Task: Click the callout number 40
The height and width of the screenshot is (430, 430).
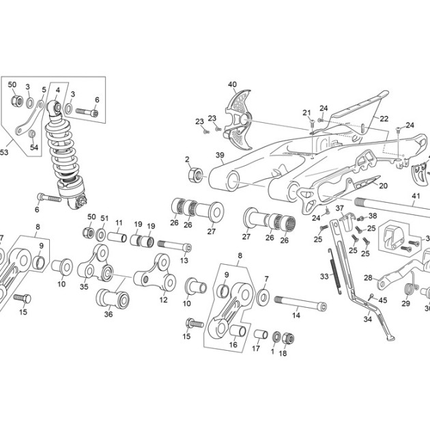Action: pyautogui.click(x=232, y=84)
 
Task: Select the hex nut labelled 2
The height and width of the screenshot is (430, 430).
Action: pyautogui.click(x=196, y=175)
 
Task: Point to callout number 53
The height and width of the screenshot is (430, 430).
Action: pyautogui.click(x=4, y=152)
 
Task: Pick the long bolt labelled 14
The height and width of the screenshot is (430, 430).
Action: pyautogui.click(x=300, y=303)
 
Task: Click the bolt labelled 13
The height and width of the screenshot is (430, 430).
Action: pyautogui.click(x=175, y=246)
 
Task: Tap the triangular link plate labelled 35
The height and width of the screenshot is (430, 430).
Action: pyautogui.click(x=94, y=263)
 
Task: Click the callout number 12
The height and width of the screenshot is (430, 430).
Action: pyautogui.click(x=163, y=300)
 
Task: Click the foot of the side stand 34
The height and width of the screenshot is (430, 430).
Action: pyautogui.click(x=390, y=338)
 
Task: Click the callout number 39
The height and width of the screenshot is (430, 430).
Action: pyautogui.click(x=220, y=155)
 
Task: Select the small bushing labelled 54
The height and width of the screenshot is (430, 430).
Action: pyautogui.click(x=32, y=134)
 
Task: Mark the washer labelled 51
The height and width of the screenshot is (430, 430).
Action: pyautogui.click(x=102, y=235)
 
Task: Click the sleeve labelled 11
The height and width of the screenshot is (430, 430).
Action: pyautogui.click(x=117, y=237)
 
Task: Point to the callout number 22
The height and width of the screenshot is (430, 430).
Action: pyautogui.click(x=384, y=119)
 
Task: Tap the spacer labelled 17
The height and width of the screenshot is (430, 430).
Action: pyautogui.click(x=261, y=334)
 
